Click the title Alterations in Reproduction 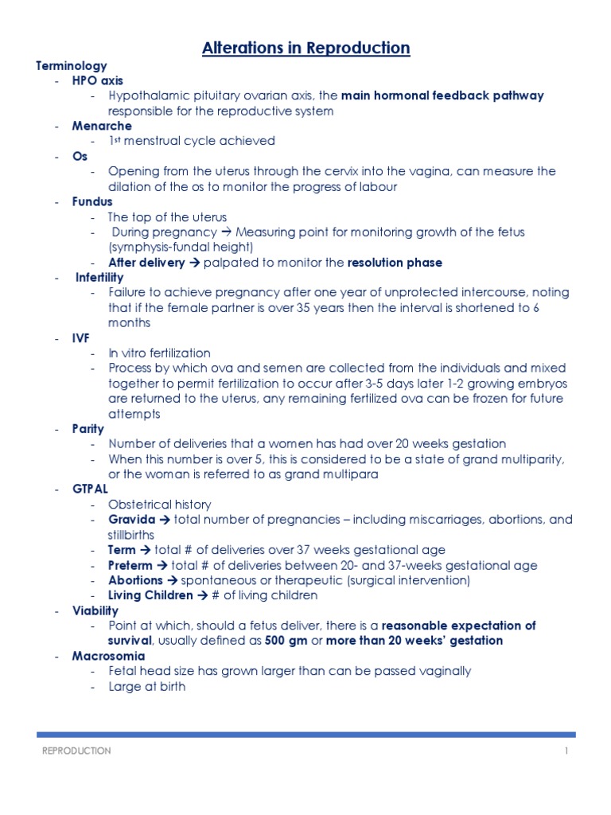tap(305, 49)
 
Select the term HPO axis tap(97, 80)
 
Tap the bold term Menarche tap(102, 126)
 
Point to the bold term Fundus tap(92, 201)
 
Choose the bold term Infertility tap(99, 277)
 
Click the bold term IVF tap(81, 337)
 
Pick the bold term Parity tap(88, 428)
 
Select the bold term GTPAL tap(90, 489)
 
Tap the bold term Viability tap(95, 610)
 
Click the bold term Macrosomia tap(108, 656)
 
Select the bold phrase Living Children tap(150, 595)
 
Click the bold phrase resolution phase tap(395, 262)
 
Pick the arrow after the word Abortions tap(173, 580)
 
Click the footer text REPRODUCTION tap(76, 751)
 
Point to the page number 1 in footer tap(566, 751)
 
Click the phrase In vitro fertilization tap(159, 353)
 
